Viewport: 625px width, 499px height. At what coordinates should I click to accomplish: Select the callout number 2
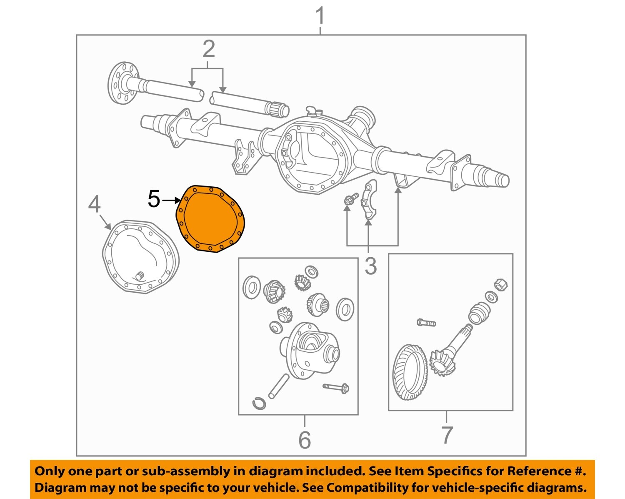[x=208, y=49]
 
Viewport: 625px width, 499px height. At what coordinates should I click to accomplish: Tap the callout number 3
[x=370, y=266]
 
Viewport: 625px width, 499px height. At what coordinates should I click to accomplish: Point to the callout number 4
[x=95, y=205]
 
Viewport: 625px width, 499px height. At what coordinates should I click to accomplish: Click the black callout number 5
[x=154, y=199]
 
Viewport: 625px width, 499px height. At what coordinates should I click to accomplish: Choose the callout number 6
[x=305, y=440]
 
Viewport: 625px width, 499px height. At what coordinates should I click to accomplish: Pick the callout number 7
[x=447, y=435]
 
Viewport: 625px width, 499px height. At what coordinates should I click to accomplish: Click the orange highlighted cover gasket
[x=210, y=219]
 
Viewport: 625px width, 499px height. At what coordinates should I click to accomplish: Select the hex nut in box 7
[x=500, y=285]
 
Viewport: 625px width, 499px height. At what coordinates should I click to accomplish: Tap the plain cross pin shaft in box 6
[x=278, y=386]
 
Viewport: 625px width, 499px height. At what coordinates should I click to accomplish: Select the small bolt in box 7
[x=426, y=323]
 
